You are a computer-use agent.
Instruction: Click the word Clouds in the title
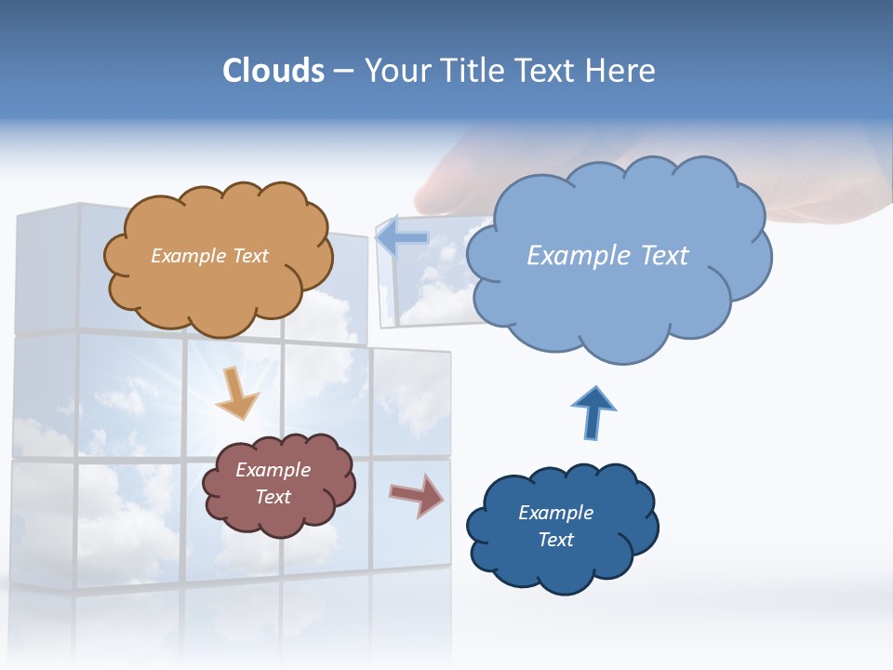click(273, 71)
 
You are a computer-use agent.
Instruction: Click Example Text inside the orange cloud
click(209, 256)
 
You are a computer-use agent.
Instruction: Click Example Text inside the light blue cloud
click(607, 256)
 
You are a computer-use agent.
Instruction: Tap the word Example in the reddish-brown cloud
click(273, 470)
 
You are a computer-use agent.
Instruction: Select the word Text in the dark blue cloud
click(555, 540)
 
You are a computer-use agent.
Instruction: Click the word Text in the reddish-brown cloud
click(273, 497)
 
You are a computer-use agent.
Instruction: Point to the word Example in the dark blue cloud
click(555, 513)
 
